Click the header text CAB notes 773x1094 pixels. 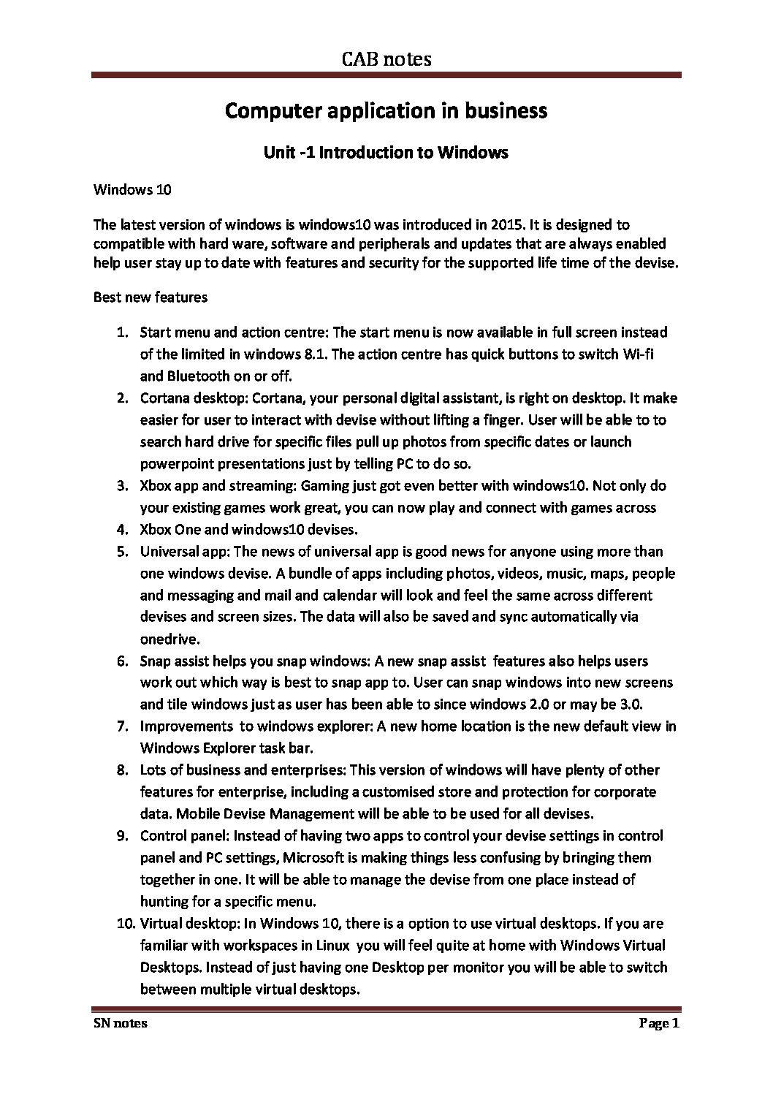click(x=386, y=59)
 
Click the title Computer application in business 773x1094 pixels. click(x=386, y=111)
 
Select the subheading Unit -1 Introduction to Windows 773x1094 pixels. click(x=386, y=153)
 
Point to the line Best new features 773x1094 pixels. click(x=151, y=297)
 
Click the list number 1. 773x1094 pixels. click(x=123, y=333)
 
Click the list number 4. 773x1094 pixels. click(x=123, y=530)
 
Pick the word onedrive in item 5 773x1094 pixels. click(x=169, y=639)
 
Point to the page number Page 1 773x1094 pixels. click(x=660, y=1023)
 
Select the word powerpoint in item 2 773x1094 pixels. click(x=174, y=464)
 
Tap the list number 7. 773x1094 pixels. click(x=123, y=726)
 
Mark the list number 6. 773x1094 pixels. click(x=123, y=661)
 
